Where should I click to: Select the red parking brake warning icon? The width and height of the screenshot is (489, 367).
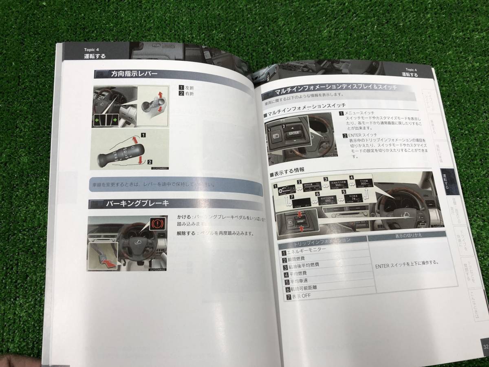pyautogui.click(x=156, y=223)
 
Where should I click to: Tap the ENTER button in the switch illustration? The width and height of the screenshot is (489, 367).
pyautogui.click(x=294, y=133)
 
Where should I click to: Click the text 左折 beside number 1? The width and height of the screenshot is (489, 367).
pyautogui.click(x=189, y=87)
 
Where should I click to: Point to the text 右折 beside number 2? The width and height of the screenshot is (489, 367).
pyautogui.click(x=189, y=94)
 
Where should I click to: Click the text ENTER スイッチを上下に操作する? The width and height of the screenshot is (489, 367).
pyautogui.click(x=407, y=263)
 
